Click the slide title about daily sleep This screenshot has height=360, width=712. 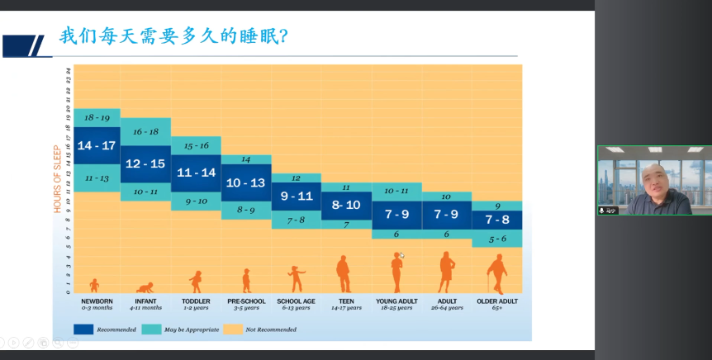click(173, 37)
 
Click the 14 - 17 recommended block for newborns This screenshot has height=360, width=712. click(97, 146)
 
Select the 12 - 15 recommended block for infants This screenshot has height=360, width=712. click(145, 163)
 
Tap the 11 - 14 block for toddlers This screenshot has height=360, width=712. click(196, 173)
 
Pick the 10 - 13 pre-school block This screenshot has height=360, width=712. click(246, 182)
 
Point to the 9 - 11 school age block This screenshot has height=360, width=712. click(296, 197)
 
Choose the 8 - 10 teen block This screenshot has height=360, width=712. click(346, 205)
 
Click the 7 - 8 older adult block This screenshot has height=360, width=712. click(496, 220)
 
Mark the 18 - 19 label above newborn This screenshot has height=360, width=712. click(97, 118)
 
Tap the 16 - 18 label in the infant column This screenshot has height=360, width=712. click(145, 131)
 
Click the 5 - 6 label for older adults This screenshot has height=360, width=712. click(496, 239)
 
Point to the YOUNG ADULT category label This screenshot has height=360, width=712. click(396, 301)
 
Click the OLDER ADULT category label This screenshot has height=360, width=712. click(497, 301)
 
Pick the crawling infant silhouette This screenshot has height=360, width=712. click(145, 287)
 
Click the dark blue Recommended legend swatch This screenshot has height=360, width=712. click(83, 329)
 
